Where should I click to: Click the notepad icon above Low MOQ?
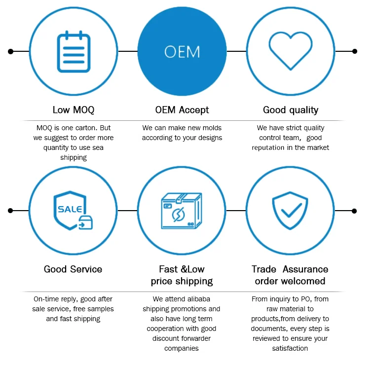74,51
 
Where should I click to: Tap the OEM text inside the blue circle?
182,52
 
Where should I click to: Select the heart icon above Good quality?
290,51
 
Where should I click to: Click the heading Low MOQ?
74,110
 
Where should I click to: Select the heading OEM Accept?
182,110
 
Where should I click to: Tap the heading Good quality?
291,110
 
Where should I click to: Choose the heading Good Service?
73,269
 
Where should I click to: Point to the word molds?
206,128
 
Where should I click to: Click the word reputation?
268,147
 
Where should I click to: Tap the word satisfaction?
290,348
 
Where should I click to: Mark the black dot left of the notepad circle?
11,51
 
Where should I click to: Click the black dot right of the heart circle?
354,51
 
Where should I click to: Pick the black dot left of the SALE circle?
11,211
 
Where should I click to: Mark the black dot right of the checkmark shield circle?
354,211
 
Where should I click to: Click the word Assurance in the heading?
305,269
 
